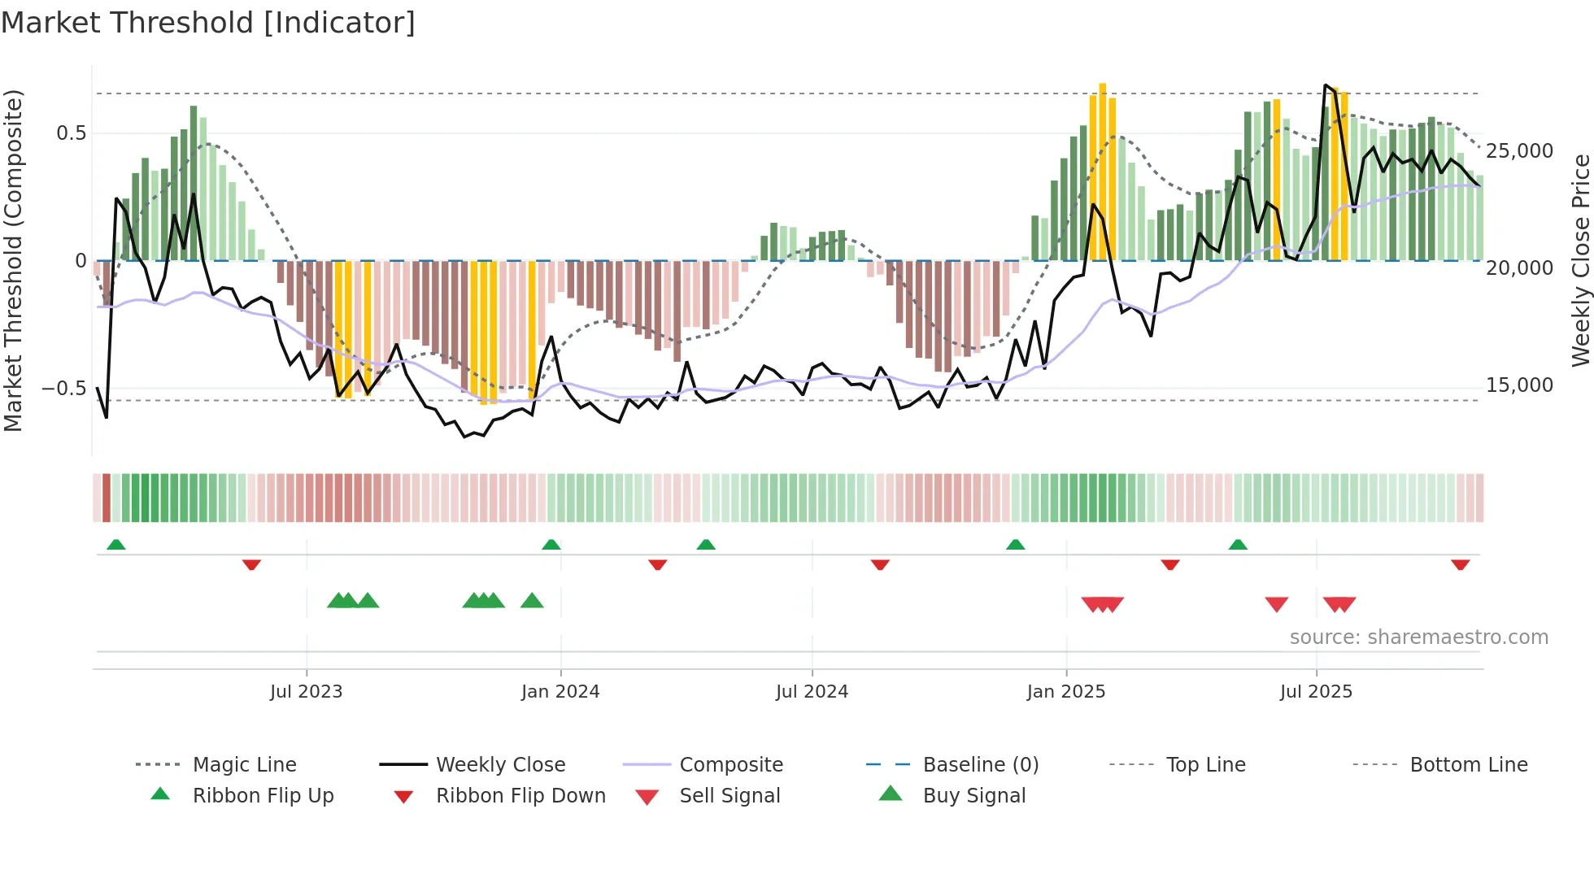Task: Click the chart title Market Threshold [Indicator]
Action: [x=208, y=23]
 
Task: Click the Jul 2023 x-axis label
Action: [x=306, y=692]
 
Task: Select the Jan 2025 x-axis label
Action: [x=1065, y=692]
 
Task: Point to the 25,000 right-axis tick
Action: [x=1519, y=151]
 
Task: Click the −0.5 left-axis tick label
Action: [x=64, y=388]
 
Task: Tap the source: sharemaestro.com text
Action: [x=1418, y=637]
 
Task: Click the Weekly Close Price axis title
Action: [x=1580, y=260]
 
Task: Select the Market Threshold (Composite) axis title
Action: [x=13, y=260]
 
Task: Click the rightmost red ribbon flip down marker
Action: [x=1460, y=564]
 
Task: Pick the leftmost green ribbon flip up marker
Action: [x=116, y=544]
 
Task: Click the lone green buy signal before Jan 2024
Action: [x=532, y=601]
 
